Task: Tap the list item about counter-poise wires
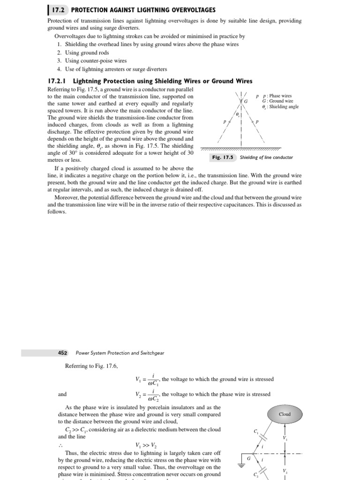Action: [92, 60]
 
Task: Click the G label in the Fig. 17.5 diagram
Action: [245, 102]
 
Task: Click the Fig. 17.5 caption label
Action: [223, 157]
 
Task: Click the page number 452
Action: [63, 353]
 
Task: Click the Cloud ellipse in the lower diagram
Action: [285, 414]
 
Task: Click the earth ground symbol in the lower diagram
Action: [242, 465]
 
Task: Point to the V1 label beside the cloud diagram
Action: [285, 438]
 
